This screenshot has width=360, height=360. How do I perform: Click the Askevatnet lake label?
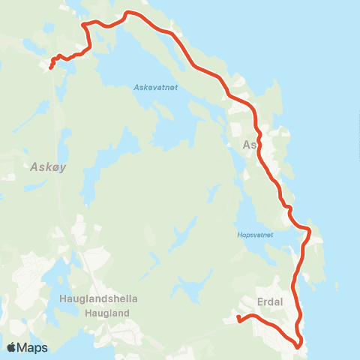[x=155, y=87]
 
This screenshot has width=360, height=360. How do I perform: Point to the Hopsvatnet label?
[x=255, y=235]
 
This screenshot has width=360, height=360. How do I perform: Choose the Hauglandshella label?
[x=98, y=298]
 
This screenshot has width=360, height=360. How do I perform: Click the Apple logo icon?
[x=11, y=347]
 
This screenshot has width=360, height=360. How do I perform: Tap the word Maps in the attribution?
[x=32, y=347]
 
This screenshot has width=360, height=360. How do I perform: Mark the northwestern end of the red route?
[x=50, y=68]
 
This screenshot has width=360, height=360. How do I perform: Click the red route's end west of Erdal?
[x=238, y=319]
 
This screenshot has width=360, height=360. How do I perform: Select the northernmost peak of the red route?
[x=128, y=12]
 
